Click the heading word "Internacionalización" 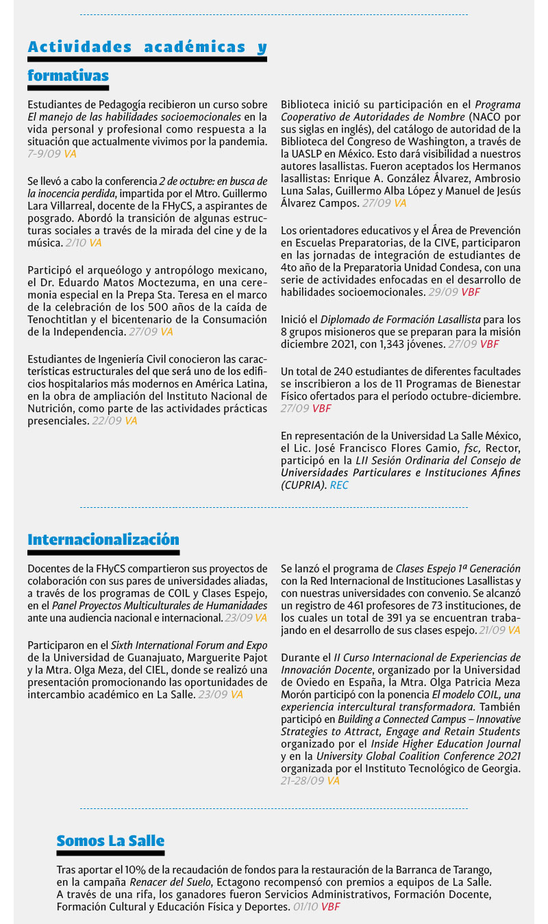point(103,539)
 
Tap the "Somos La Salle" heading point(110,840)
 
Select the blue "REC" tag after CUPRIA point(339,485)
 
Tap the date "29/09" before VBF point(443,292)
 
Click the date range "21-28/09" point(303,780)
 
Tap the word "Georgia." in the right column point(501,768)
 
